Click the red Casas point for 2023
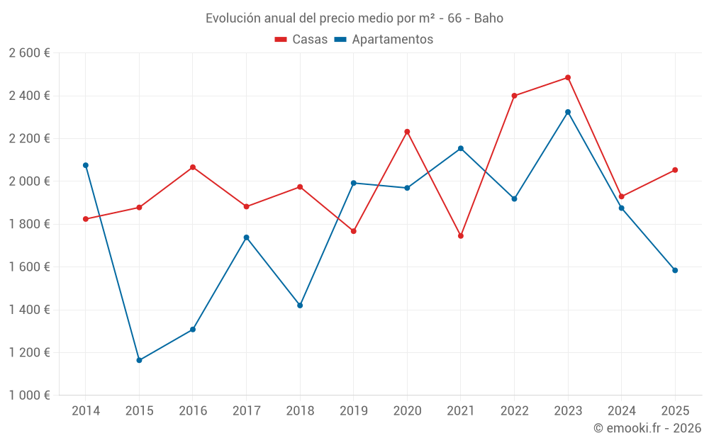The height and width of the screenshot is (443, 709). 568,78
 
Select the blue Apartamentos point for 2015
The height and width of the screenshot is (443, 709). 139,360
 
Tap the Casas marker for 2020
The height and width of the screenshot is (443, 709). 407,132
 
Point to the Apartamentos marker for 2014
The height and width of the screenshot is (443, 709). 86,165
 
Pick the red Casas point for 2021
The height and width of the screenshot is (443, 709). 461,236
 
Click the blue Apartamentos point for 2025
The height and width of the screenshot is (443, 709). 675,270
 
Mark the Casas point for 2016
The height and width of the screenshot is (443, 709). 193,167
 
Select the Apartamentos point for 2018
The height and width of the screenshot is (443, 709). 300,305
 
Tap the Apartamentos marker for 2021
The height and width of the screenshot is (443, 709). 461,148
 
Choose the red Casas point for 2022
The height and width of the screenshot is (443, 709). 514,96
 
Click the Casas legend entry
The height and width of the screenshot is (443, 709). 301,40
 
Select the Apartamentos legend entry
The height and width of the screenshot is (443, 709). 384,40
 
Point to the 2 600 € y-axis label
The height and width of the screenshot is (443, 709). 29,53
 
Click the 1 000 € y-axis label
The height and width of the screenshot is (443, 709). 29,396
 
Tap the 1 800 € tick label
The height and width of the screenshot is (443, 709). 29,224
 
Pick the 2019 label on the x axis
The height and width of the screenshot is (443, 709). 353,411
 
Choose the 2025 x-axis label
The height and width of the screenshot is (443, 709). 675,411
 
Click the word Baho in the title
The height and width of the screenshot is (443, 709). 489,18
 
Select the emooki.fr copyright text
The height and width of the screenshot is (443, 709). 647,428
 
